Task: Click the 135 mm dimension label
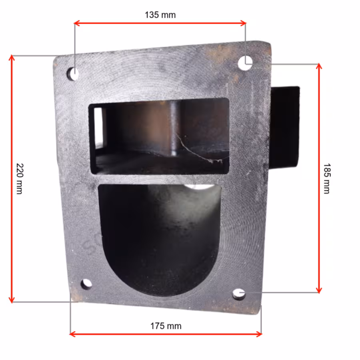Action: click(x=160, y=15)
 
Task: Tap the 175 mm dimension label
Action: click(x=166, y=326)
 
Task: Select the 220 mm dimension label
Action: click(x=20, y=179)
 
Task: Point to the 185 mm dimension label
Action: click(x=327, y=179)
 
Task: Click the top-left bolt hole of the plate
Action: click(x=73, y=74)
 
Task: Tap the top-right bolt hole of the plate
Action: click(x=245, y=63)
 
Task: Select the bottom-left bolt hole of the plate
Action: click(x=86, y=284)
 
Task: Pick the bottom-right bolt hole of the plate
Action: click(x=239, y=294)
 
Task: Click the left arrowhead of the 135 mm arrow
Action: click(x=77, y=23)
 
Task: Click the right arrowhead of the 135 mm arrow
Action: click(x=243, y=23)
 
